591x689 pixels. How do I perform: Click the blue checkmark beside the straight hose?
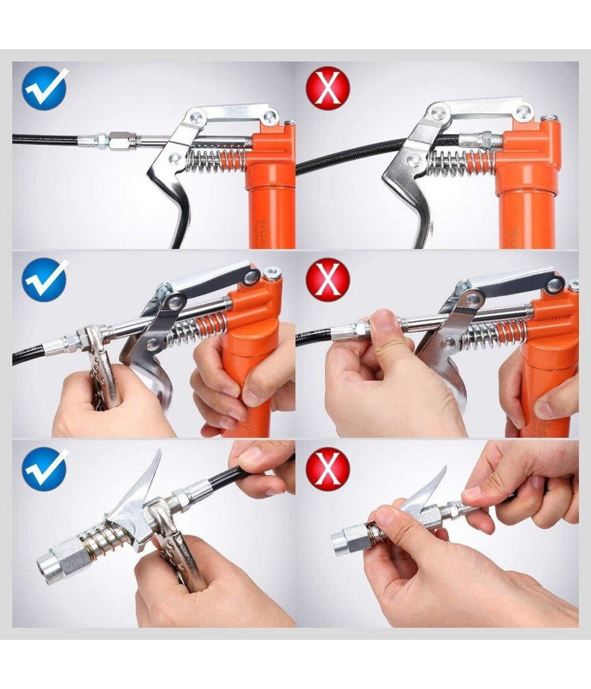[x=45, y=88]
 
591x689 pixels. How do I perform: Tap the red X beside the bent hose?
[x=328, y=88]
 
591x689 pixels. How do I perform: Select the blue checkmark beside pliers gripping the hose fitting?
[x=45, y=279]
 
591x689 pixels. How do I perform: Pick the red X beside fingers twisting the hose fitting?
[x=328, y=279]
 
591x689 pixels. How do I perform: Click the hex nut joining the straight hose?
[x=122, y=140]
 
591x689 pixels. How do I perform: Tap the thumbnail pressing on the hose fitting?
[x=384, y=320]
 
